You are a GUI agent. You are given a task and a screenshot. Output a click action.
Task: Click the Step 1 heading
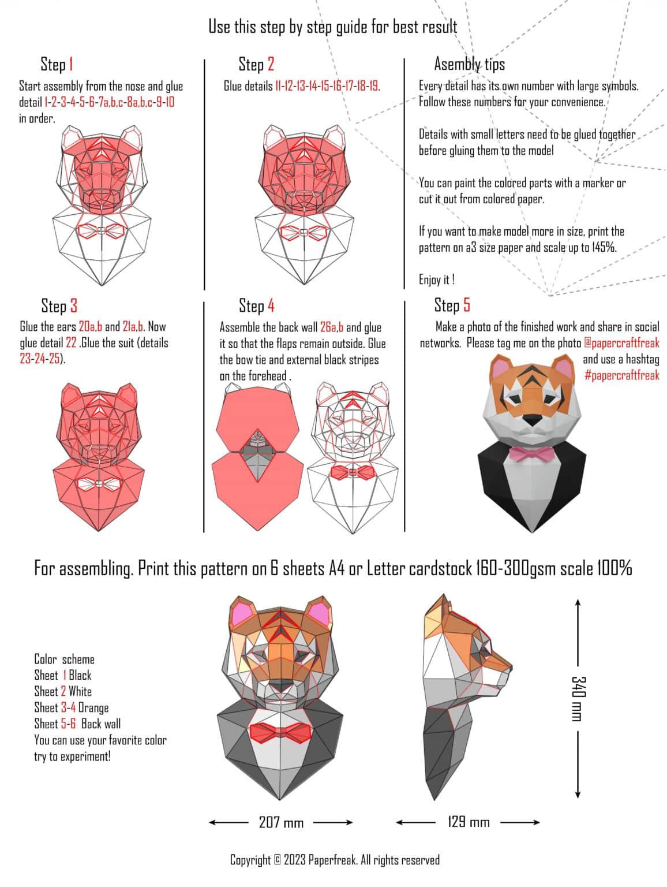point(57,64)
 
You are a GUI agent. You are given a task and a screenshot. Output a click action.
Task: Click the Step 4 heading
point(256,305)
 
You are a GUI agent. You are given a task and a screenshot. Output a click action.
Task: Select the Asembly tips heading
point(469,64)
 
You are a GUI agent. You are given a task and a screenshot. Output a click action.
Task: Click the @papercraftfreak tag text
point(621,343)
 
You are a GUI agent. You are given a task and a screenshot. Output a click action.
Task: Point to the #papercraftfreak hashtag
point(621,375)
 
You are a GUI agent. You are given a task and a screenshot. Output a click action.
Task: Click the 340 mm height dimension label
point(577,698)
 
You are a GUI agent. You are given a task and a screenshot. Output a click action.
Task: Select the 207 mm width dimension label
point(281,822)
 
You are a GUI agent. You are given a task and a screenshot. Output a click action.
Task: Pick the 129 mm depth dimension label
point(468,822)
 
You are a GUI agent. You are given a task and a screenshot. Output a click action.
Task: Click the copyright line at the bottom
point(335,860)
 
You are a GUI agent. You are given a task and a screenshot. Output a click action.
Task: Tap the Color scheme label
point(64,659)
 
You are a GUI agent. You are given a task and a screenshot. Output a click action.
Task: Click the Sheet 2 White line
point(62,692)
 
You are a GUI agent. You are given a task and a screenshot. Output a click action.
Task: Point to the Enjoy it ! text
point(437,280)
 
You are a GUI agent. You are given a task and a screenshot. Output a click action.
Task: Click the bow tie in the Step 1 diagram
point(101,231)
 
